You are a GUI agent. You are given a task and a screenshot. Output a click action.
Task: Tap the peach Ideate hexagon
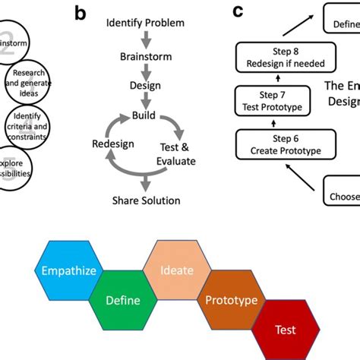[176, 270]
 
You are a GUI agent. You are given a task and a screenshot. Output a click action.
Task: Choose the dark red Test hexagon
[286, 330]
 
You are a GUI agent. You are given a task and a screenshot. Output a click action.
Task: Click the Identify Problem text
[145, 24]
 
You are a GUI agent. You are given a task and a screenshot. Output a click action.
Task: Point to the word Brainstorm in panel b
[145, 56]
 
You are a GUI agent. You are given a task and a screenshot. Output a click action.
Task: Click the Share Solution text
[146, 201]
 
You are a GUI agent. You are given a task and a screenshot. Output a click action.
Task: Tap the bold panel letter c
[238, 11]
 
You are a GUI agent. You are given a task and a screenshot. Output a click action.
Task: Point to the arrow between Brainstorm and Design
[144, 71]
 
